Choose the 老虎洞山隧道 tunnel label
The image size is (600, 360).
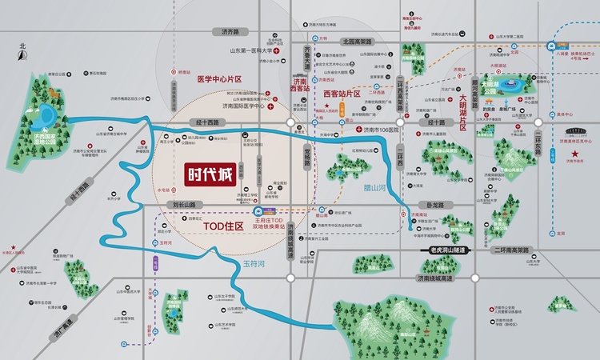(446, 250)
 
